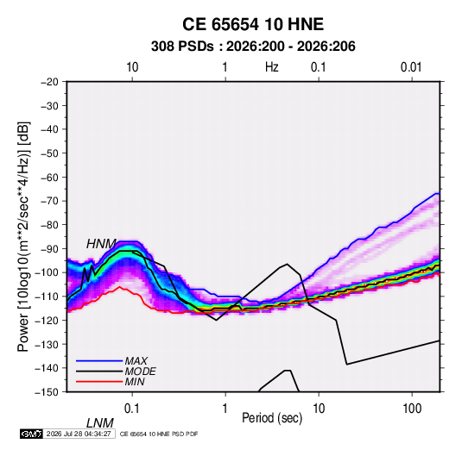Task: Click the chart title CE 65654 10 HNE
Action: [253, 24]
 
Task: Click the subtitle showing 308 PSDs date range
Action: [253, 47]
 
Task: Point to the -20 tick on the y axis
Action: [49, 82]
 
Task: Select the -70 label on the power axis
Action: [49, 201]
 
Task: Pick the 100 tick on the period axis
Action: [412, 409]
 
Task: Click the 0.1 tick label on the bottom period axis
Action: [132, 409]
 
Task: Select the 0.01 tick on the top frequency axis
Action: [411, 67]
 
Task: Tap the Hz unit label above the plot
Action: [272, 67]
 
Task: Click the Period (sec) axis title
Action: [272, 418]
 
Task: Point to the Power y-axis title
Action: [23, 236]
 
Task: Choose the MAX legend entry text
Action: [136, 361]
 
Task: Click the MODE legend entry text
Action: [140, 372]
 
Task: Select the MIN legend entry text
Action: [135, 382]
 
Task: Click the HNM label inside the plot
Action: [101, 244]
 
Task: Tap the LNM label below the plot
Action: [99, 423]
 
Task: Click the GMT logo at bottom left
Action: [31, 434]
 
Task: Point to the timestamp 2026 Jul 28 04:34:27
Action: [79, 434]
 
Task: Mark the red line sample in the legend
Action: [99, 382]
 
